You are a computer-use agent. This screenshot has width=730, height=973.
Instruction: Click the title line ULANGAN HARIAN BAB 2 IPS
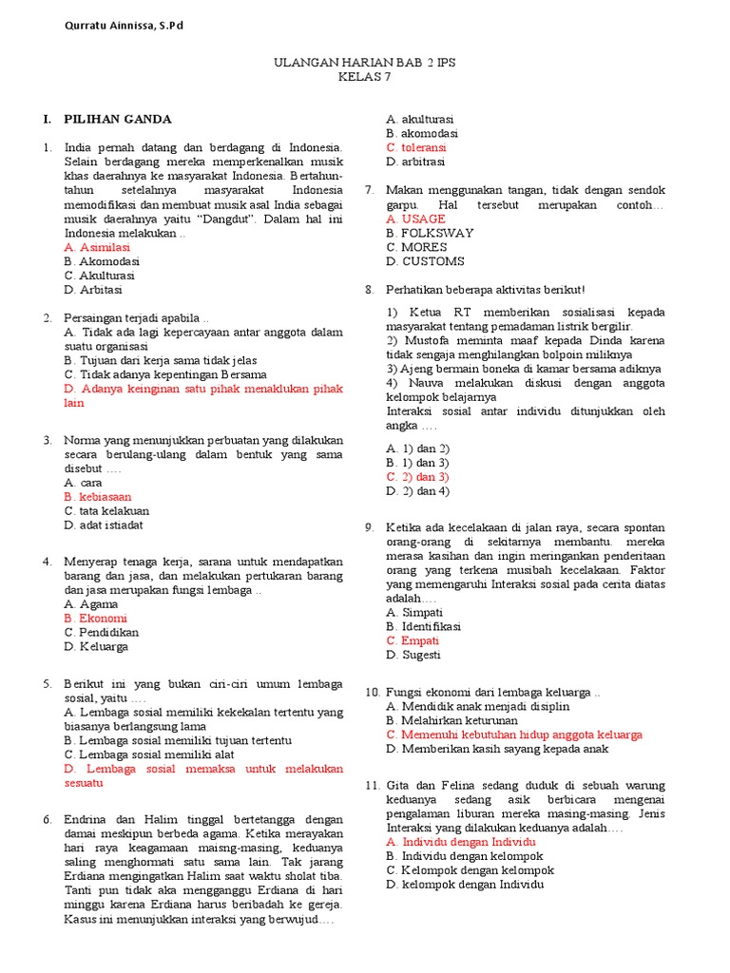click(365, 63)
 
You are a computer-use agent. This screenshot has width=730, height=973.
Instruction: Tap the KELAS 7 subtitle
click(364, 77)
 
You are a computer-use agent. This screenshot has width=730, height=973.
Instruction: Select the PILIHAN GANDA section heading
click(117, 119)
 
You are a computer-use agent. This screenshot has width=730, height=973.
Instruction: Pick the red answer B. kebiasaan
click(98, 496)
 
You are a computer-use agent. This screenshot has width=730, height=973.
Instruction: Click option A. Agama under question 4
click(91, 603)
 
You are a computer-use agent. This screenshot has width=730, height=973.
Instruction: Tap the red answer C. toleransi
click(415, 147)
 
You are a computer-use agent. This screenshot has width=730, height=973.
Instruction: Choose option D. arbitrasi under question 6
click(416, 162)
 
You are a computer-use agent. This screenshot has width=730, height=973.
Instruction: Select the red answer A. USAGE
click(415, 219)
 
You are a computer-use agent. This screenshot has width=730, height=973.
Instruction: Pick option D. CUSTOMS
click(425, 261)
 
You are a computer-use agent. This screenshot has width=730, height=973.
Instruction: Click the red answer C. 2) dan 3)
click(417, 476)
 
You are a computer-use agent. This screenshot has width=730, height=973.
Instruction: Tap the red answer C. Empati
click(413, 640)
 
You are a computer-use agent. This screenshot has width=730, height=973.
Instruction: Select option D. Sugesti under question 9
click(413, 655)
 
